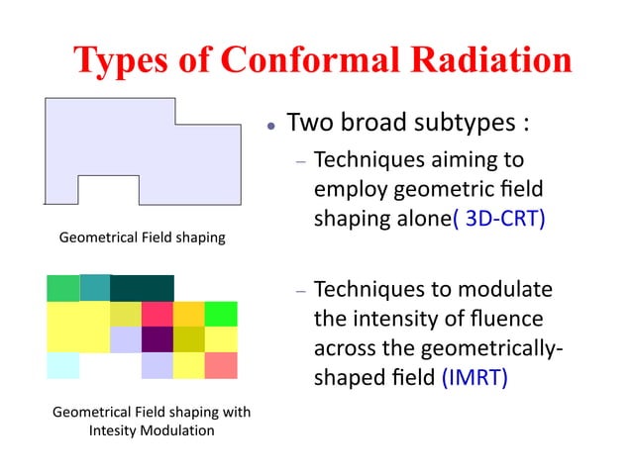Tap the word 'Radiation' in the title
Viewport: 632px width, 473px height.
(x=487, y=61)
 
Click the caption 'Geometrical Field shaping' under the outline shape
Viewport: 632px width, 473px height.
(x=143, y=237)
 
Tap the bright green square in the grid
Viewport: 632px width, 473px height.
(x=220, y=314)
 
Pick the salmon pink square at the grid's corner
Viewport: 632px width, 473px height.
(x=221, y=365)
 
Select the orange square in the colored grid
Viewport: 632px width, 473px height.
(x=188, y=314)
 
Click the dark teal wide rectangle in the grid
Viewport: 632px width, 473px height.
(x=142, y=288)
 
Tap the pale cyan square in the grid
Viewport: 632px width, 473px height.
(x=62, y=365)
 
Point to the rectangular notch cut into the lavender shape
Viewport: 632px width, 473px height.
(x=108, y=189)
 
